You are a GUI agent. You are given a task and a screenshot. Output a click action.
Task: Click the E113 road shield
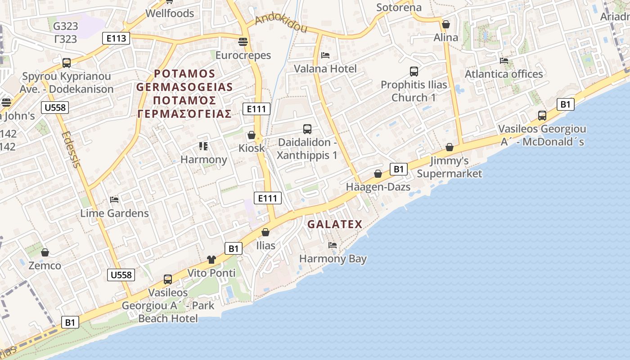pos(116,38)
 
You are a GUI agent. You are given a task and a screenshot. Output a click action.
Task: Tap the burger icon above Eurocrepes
pos(243,42)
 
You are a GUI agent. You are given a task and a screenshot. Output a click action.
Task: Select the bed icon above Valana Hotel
pos(325,55)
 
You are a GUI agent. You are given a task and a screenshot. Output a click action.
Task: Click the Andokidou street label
pos(281,24)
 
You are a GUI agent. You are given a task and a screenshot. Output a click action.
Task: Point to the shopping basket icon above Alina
pos(446,24)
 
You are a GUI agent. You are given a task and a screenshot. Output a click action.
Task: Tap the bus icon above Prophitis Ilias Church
pos(414,71)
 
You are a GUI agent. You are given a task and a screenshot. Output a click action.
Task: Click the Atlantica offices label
pos(504,74)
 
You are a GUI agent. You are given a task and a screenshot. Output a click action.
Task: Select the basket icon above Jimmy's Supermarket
pos(449,147)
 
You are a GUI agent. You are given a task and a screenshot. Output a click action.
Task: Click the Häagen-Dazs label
pos(378,187)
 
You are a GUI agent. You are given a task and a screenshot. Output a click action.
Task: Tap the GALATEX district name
pos(335,224)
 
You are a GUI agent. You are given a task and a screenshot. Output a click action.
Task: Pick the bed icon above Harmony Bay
pos(333,245)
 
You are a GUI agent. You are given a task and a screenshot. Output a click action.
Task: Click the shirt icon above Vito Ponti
pos(211,260)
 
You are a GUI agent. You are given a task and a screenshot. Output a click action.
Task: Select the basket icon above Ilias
pos(265,232)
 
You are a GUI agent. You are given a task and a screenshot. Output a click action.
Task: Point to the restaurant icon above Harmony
pos(203,146)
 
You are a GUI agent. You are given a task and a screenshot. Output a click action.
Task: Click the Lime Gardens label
pos(114,213)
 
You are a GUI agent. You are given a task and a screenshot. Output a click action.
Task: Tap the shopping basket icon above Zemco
pos(45,252)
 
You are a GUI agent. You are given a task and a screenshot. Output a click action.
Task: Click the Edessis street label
pos(71,149)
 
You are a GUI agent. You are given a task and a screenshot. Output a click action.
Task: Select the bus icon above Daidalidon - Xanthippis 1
pos(307,129)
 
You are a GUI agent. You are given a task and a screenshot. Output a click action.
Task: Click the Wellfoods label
pos(170,13)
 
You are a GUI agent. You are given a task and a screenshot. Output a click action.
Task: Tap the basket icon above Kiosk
pos(252,135)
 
